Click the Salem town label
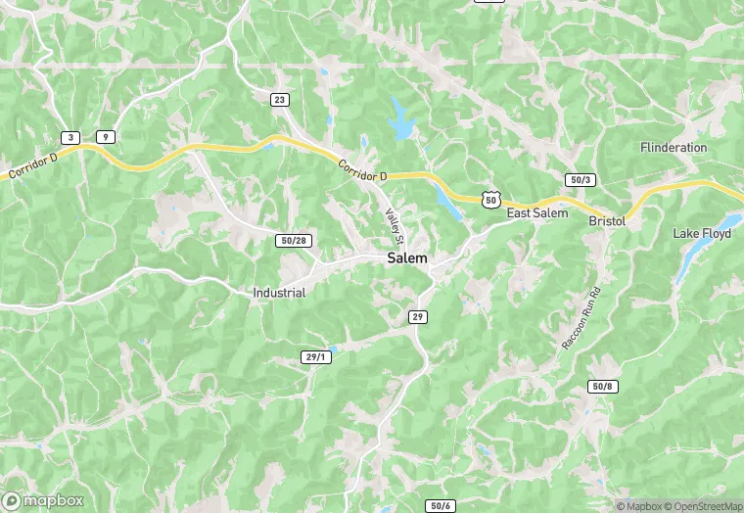407,258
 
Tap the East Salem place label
536,213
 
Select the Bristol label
607,222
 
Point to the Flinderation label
674,148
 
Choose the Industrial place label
279,293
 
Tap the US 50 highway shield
490,199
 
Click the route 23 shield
280,100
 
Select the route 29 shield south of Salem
418,316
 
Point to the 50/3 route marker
580,180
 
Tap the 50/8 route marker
603,387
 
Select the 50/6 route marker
441,505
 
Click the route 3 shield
70,137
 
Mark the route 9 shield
105,137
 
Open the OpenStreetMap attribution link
696,506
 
